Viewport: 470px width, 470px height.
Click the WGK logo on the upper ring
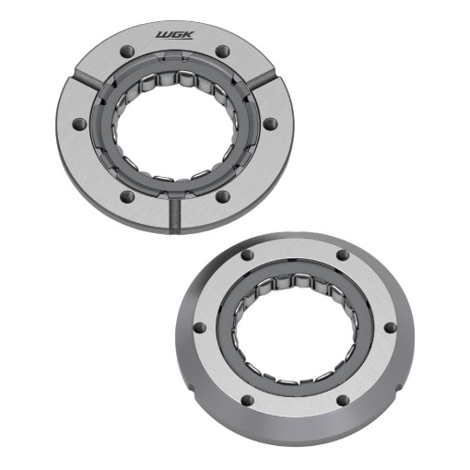(174, 35)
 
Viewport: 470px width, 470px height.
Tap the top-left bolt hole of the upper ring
(127, 51)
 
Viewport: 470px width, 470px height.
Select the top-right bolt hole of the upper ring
(222, 51)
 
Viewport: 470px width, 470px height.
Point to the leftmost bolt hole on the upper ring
(79, 124)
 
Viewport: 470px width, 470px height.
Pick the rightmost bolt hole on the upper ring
(270, 124)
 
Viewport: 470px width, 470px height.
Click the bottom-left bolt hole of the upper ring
(127, 196)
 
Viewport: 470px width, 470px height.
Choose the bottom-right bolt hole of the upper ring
(223, 196)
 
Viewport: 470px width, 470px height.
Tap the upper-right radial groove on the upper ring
(261, 81)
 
